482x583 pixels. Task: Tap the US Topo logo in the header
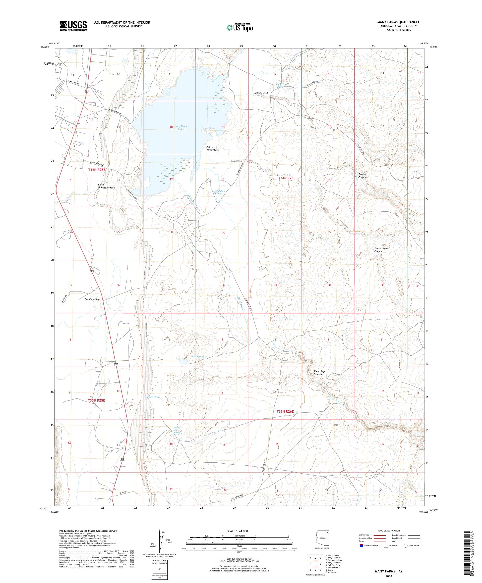click(x=240, y=27)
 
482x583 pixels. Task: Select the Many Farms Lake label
click(x=181, y=128)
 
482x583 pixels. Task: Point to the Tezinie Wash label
click(x=261, y=93)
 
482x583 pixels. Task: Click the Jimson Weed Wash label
click(x=212, y=149)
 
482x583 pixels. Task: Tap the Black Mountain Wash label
click(x=106, y=186)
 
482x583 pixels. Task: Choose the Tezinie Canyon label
click(x=360, y=176)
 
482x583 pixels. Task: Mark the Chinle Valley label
click(x=92, y=300)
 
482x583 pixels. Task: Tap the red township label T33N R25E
click(x=96, y=400)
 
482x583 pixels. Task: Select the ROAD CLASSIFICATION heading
click(x=390, y=530)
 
